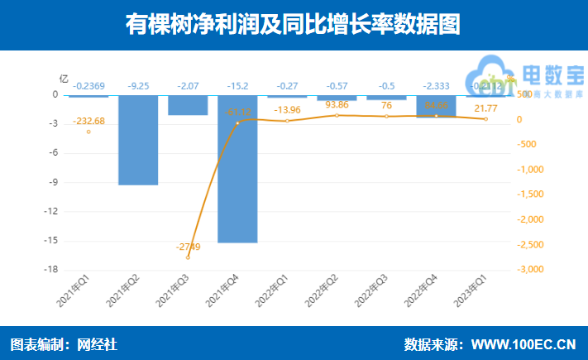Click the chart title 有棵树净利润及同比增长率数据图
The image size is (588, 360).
294,24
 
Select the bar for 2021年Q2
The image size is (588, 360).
138,139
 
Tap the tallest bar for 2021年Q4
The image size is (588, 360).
237,169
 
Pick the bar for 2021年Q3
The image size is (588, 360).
188,105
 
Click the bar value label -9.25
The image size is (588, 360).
138,85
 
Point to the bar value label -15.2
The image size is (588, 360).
237,85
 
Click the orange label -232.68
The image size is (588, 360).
88,121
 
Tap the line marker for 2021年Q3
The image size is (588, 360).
188,257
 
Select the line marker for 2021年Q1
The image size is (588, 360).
88,132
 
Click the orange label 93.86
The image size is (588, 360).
337,105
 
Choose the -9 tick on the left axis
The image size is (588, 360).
53,182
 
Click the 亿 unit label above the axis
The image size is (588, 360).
64,79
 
